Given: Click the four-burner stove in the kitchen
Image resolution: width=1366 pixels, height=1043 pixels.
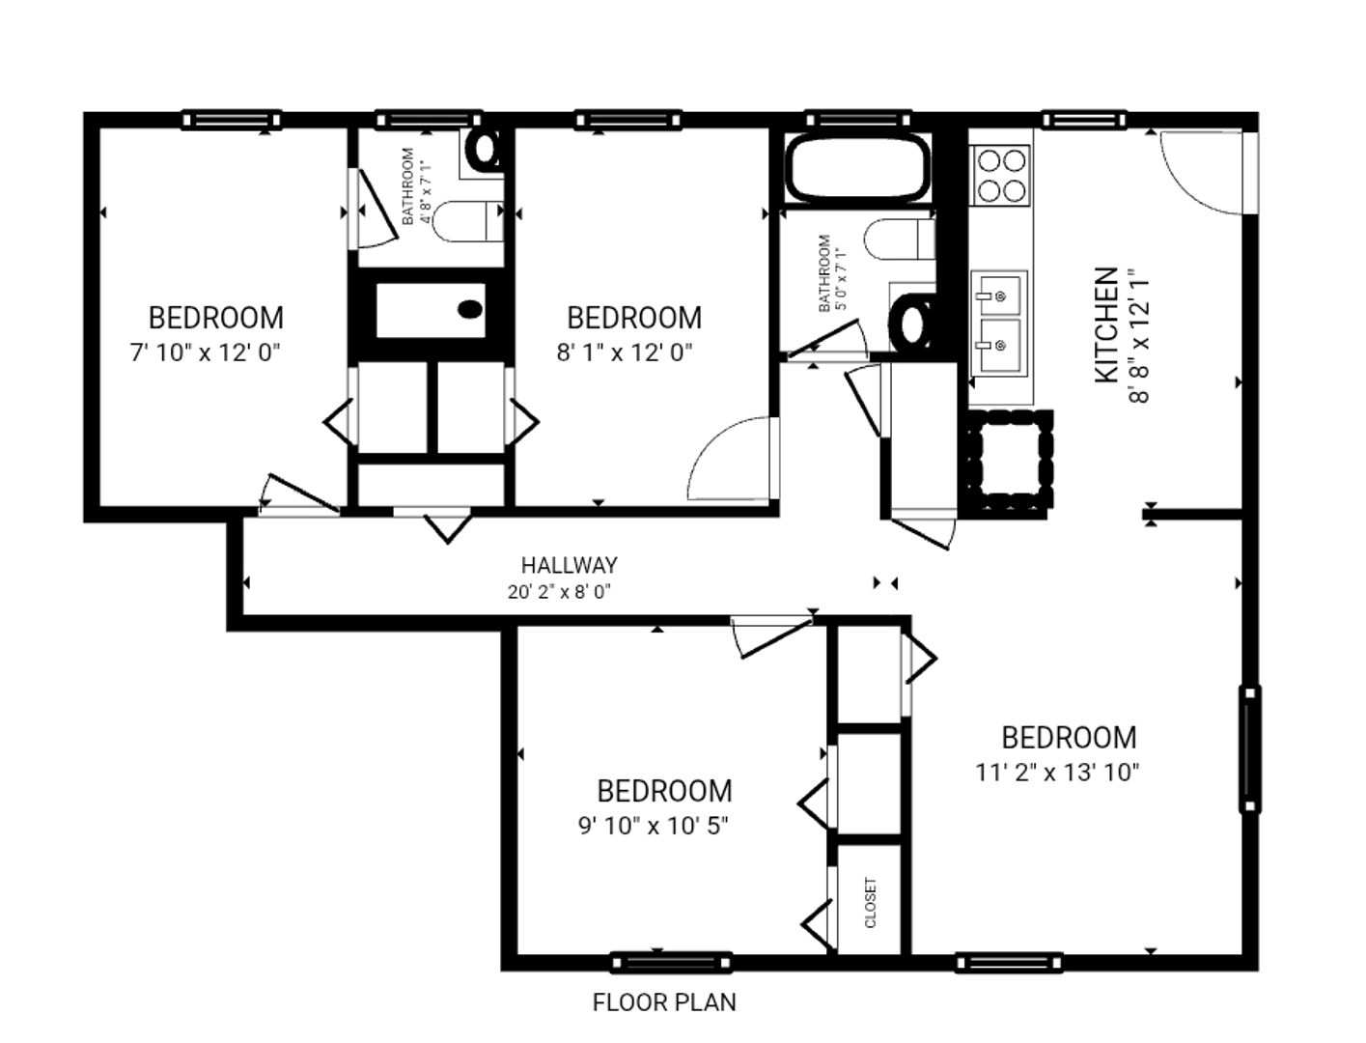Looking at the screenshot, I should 1001,174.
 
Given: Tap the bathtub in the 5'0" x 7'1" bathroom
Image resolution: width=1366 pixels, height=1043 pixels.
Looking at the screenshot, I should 858,168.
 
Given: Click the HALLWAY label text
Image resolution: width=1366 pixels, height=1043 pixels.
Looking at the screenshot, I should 569,565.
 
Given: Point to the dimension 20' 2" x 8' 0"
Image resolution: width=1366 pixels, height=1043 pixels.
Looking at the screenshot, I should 560,592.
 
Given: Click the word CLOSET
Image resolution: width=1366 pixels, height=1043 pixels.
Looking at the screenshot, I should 871,902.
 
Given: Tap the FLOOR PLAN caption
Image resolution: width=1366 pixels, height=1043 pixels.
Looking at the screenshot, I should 664,1002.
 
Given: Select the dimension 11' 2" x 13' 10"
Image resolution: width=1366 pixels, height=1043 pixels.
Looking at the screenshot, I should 1058,772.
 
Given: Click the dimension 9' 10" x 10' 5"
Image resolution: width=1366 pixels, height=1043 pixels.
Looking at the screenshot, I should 654,826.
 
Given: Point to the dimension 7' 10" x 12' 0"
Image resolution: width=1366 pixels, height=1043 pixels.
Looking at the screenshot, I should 206,352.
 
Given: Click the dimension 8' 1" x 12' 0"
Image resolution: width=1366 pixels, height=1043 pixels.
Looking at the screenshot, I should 625,352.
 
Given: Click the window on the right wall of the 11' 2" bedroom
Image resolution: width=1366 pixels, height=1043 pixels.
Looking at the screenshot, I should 1249,748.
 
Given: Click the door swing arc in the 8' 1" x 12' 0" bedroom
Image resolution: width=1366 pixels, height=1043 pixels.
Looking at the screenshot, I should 731,459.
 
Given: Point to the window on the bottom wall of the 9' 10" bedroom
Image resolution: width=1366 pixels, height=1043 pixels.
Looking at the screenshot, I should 671,962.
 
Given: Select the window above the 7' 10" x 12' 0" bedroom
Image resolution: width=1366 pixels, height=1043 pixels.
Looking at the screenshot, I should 232,120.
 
